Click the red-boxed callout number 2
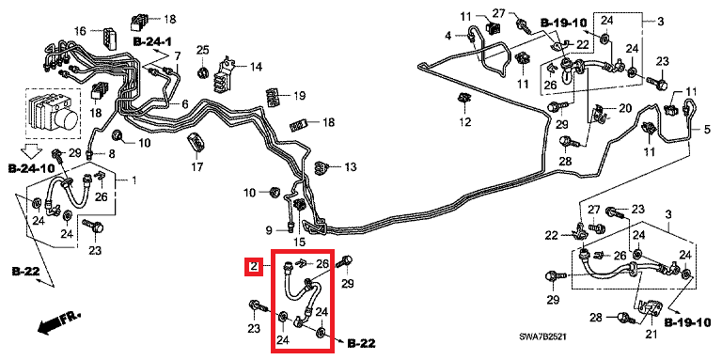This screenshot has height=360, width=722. click(253, 266)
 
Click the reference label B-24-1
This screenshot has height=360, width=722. click(152, 42)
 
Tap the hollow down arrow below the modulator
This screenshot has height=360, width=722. click(32, 150)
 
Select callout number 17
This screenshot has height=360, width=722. click(197, 167)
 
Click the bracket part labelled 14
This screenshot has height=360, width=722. click(225, 73)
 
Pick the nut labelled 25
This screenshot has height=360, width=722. click(202, 71)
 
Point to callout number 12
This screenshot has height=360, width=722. click(465, 122)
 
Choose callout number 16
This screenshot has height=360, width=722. click(80, 31)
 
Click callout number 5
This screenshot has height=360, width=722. click(707, 130)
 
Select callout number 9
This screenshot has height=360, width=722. click(270, 229)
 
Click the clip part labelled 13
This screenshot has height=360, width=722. click(321, 167)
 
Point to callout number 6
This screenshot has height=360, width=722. click(184, 104)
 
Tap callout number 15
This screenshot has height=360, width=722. click(299, 242)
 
